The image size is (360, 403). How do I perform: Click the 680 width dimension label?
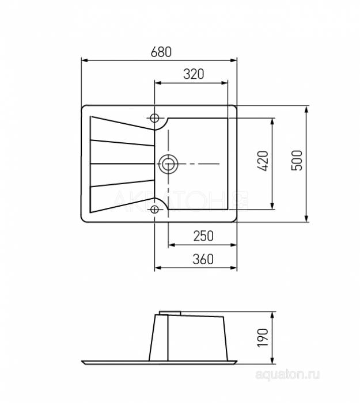161,52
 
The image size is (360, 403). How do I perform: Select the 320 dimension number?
194,74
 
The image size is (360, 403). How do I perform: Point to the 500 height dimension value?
297,160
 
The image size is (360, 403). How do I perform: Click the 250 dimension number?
203,236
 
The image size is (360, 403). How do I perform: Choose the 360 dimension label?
203,259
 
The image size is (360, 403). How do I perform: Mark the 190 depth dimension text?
263,337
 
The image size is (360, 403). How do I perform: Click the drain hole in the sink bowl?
168,164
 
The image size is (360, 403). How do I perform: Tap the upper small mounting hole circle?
154,118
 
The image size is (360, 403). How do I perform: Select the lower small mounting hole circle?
154,210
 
